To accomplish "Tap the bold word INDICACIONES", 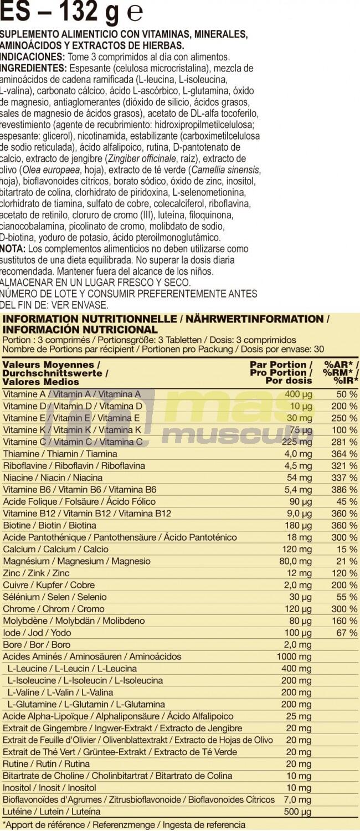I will pyautogui.click(x=32, y=57).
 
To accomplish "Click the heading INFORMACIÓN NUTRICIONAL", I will pyautogui.click(x=80, y=329).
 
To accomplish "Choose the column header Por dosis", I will pyautogui.click(x=289, y=381).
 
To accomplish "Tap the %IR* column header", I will pyautogui.click(x=346, y=381).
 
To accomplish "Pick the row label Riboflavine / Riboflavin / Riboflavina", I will pyautogui.click(x=74, y=466).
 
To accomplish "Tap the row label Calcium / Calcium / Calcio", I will pyautogui.click(x=48, y=550).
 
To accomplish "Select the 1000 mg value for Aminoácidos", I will pyautogui.click(x=294, y=656).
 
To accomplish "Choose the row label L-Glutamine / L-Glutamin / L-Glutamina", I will pyautogui.click(x=86, y=704).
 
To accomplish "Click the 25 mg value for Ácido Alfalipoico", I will pyautogui.click(x=299, y=716).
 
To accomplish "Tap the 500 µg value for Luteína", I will pyautogui.click(x=299, y=812).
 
